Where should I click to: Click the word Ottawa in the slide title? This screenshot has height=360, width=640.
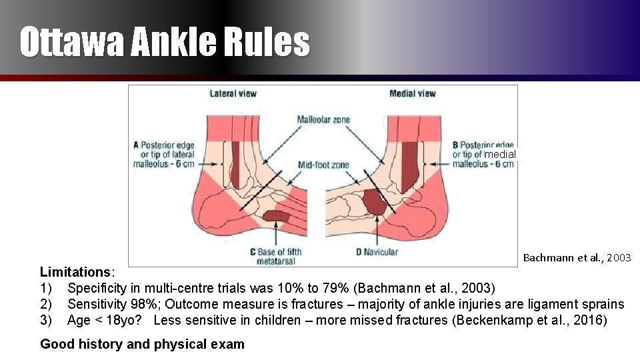click(x=71, y=42)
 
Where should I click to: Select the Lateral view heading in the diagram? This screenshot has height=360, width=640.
click(x=233, y=93)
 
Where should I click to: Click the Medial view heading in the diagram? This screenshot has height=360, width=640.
click(x=412, y=93)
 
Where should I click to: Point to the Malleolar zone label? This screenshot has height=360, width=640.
click(x=323, y=120)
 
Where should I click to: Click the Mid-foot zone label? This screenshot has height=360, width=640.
click(x=323, y=165)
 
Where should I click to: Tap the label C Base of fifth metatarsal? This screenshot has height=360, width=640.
click(x=275, y=256)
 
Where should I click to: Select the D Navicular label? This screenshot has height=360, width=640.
click(x=377, y=252)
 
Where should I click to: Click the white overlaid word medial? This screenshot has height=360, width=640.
click(x=500, y=154)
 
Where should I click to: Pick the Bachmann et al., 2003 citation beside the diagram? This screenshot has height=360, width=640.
click(x=577, y=257)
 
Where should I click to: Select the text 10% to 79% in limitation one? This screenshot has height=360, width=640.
click(x=311, y=288)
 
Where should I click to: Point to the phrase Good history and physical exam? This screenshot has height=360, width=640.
click(x=142, y=345)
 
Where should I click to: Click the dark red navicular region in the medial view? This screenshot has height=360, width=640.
click(x=375, y=201)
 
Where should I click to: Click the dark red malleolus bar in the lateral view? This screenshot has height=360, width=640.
click(x=235, y=163)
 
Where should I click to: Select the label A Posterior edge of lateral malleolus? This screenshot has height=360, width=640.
click(x=164, y=155)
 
